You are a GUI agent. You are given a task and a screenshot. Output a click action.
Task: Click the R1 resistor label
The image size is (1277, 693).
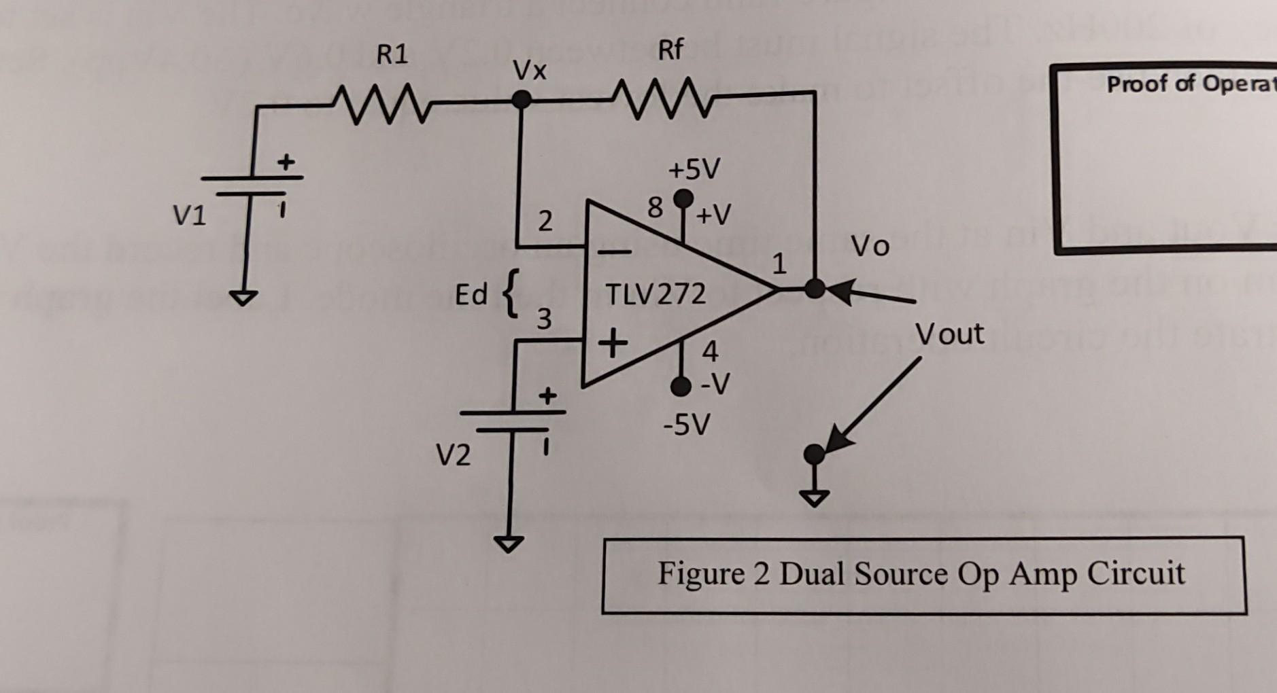click(392, 54)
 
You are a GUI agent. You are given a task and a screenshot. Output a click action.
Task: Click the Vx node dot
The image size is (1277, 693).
click(522, 100)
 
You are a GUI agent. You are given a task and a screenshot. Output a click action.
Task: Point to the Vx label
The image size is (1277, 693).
click(529, 70)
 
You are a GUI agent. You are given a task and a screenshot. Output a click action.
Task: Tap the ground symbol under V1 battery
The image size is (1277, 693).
click(243, 298)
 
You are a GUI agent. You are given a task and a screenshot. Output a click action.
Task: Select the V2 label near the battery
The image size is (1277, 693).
click(452, 455)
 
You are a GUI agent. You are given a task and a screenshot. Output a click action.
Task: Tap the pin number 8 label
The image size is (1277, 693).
click(654, 208)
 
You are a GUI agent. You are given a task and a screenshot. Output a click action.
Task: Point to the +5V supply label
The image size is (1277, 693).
click(693, 169)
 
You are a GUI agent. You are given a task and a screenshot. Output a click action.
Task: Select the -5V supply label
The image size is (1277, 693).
click(687, 426)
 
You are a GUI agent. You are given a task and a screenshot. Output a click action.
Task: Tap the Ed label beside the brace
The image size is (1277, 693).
click(471, 295)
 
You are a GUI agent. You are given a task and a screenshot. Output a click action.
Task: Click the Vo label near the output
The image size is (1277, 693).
click(870, 246)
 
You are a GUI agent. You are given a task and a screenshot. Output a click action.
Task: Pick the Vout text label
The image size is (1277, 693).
click(949, 334)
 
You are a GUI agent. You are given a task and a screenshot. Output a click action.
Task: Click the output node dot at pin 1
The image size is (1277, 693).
click(814, 289)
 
